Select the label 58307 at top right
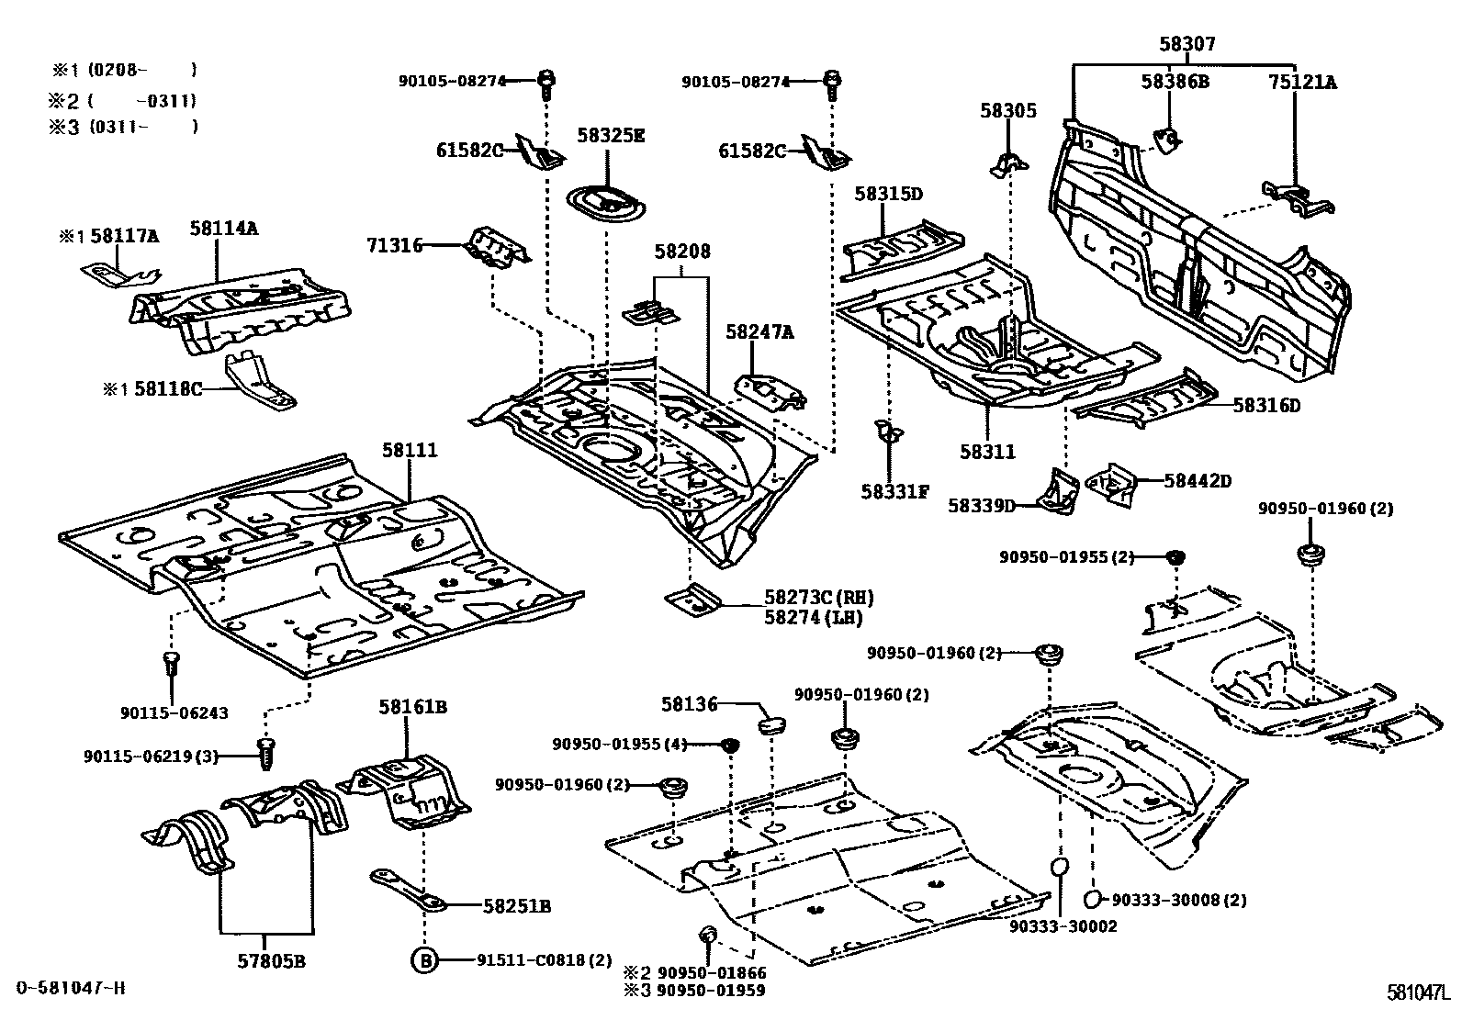[1186, 44]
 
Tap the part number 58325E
[611, 136]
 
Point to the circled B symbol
[423, 960]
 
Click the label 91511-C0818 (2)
[544, 960]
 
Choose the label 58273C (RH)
[818, 598]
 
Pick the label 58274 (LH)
[813, 618]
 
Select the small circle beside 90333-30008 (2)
[1093, 899]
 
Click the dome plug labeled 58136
[771, 724]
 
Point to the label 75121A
[1302, 82]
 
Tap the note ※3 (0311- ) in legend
[122, 127]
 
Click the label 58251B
[516, 906]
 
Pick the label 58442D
[1198, 480]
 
